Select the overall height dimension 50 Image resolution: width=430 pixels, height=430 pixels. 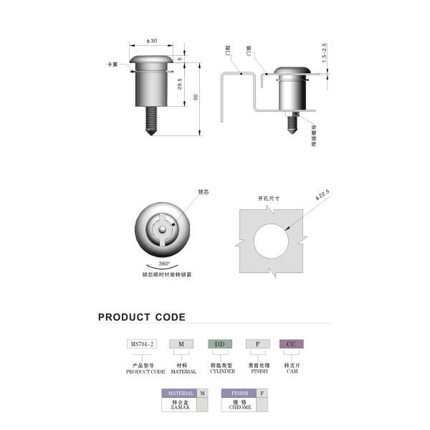click(x=196, y=97)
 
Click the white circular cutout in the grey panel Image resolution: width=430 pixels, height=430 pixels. click(x=272, y=238)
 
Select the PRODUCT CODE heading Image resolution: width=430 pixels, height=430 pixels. click(x=141, y=317)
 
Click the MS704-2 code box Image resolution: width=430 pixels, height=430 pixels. click(x=142, y=344)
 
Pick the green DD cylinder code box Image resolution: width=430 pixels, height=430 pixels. click(x=220, y=344)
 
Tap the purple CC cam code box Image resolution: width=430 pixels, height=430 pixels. click(x=291, y=344)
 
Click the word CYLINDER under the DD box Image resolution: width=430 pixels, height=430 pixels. click(x=221, y=371)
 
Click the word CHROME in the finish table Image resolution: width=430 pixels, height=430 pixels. click(x=239, y=407)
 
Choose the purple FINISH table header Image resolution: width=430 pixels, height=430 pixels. click(x=239, y=393)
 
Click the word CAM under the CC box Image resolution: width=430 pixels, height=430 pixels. click(x=291, y=371)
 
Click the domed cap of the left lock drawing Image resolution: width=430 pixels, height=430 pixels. click(x=150, y=60)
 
